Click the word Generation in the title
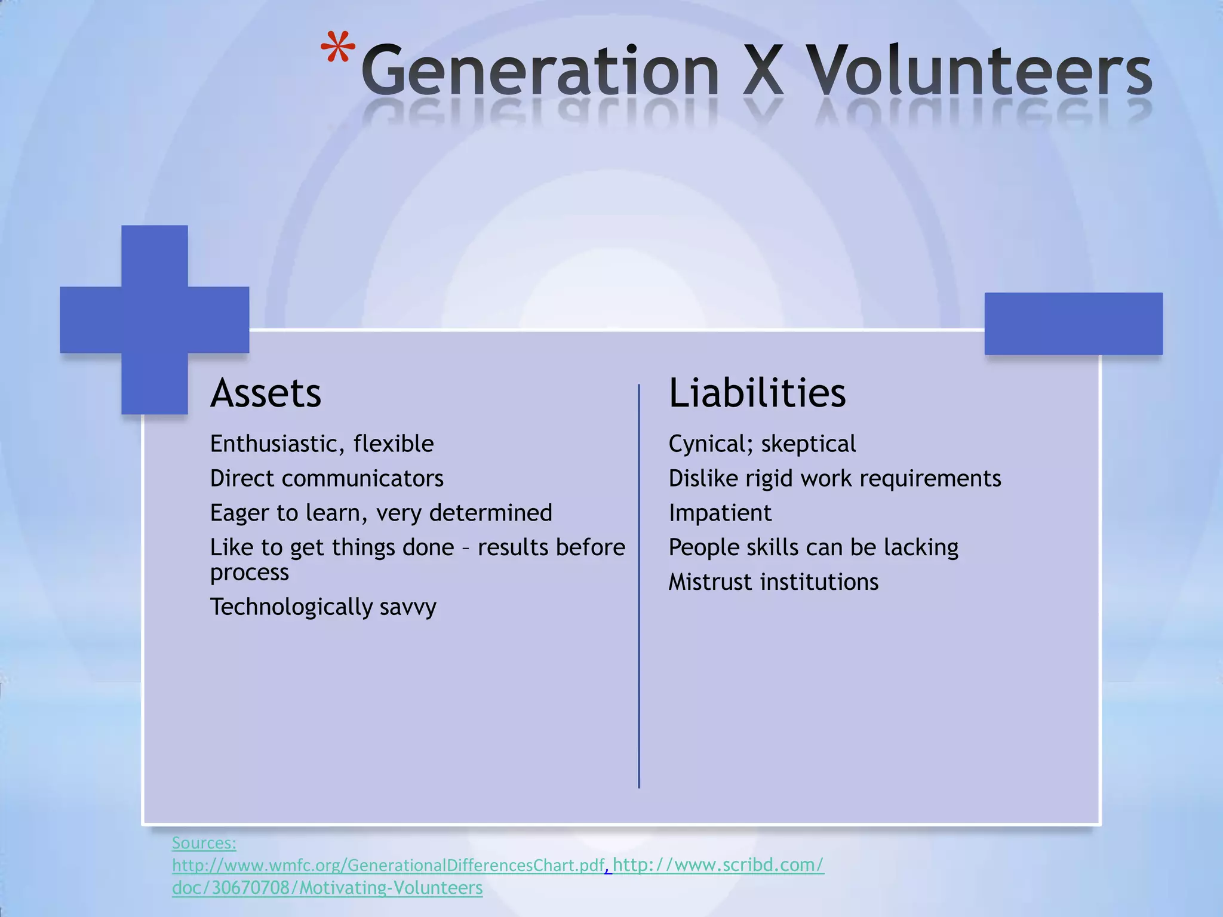click(x=540, y=72)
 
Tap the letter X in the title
click(x=763, y=72)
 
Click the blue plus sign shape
click(x=155, y=319)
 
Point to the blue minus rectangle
click(x=1073, y=324)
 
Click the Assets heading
click(x=266, y=393)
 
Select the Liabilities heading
click(x=757, y=393)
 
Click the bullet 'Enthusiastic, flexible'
click(x=322, y=444)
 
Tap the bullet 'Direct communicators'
click(x=327, y=479)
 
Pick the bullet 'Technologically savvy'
click(x=323, y=607)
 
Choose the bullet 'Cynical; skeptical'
click(x=762, y=444)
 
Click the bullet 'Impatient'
click(x=720, y=513)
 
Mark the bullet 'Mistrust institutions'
click(x=773, y=582)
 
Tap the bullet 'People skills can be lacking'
click(x=813, y=547)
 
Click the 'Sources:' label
click(x=204, y=843)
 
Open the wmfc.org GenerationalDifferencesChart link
click(x=388, y=865)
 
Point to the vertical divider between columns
click(x=639, y=585)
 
